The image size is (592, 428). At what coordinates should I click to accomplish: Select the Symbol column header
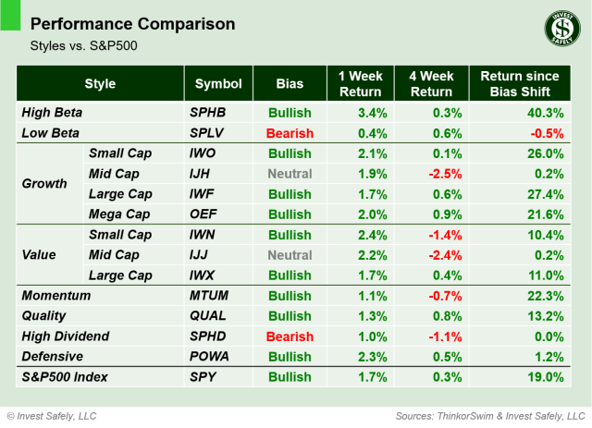(x=217, y=84)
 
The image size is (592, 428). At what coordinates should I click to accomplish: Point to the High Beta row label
(x=52, y=113)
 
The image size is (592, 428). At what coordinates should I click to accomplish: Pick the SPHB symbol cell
(x=207, y=113)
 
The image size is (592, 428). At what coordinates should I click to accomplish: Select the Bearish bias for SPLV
(x=290, y=133)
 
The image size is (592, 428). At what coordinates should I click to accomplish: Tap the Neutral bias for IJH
(x=290, y=173)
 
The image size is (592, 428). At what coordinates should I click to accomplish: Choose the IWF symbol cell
(x=204, y=194)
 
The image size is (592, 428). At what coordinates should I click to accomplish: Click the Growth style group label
(x=43, y=183)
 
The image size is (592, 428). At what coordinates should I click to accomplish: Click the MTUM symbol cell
(x=208, y=296)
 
